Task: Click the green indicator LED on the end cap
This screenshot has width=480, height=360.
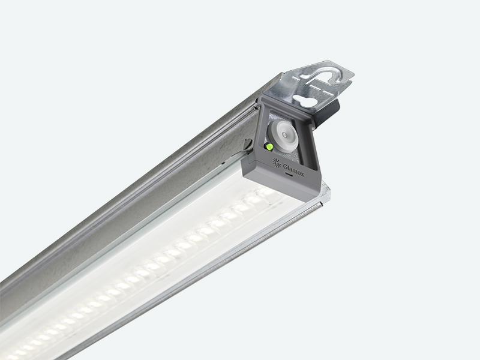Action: coord(269,146)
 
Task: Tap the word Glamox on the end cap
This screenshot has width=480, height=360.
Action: coord(293,170)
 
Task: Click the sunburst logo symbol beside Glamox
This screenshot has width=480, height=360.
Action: coord(277,163)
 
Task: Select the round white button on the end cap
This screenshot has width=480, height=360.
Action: coord(283,135)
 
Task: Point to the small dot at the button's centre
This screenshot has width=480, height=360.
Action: coord(285,134)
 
